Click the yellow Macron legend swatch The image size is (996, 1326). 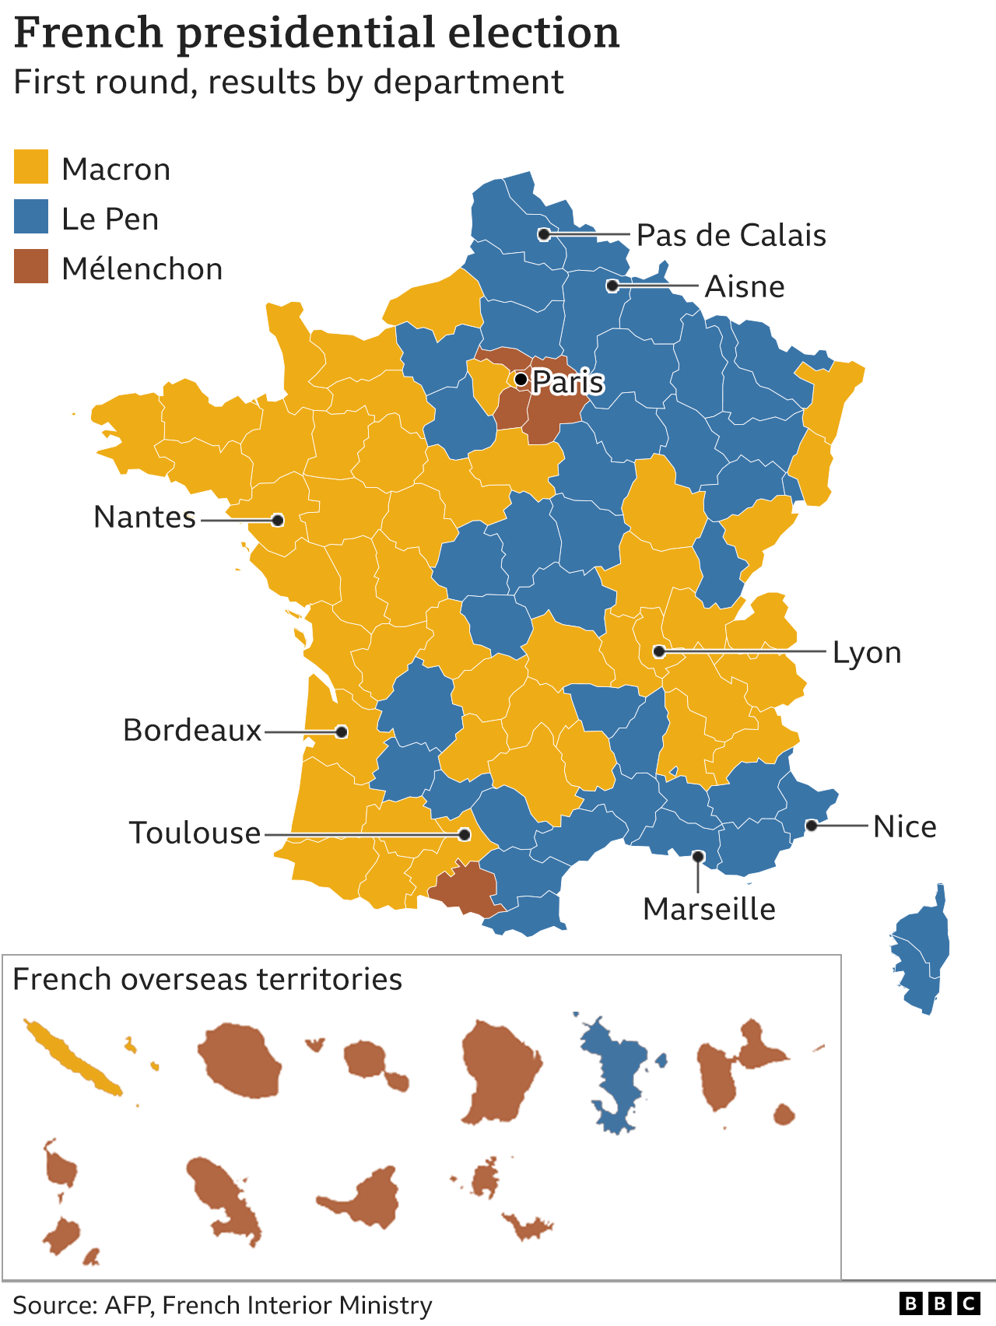tap(31, 167)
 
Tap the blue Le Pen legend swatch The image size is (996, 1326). tap(31, 217)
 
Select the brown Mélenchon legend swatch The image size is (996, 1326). tap(31, 267)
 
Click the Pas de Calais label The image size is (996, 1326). tap(731, 235)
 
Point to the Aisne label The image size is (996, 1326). tap(744, 286)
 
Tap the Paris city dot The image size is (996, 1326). tap(521, 380)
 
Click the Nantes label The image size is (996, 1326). tap(145, 517)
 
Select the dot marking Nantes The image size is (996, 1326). tap(278, 520)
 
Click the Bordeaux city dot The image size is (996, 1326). tap(342, 731)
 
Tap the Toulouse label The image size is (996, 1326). tap(195, 833)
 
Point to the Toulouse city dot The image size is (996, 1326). tap(465, 834)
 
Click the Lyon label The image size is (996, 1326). tap(867, 653)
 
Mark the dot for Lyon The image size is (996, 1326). tap(659, 651)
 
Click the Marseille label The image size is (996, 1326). tap(709, 909)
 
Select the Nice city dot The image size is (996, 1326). tap(812, 825)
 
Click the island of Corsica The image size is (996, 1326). tap(924, 949)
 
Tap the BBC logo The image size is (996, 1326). tap(939, 1303)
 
